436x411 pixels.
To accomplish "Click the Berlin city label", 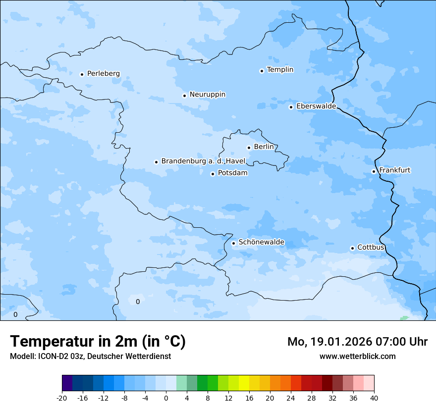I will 264,147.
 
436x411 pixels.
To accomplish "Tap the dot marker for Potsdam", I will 213,174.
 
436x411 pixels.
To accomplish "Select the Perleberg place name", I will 103,74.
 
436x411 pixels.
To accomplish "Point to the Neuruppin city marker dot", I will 184,96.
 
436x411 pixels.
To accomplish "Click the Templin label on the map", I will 280,70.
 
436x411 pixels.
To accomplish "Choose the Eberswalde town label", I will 316,106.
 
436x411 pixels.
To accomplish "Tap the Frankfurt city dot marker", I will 374,172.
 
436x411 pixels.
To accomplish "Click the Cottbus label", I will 371,248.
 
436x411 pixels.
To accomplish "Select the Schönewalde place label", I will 261,242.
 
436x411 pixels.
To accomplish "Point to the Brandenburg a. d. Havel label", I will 203,161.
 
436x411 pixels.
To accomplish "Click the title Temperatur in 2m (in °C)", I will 98,342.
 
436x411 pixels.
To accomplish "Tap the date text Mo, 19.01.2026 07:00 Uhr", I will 357,342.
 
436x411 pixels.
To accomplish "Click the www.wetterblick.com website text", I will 357,356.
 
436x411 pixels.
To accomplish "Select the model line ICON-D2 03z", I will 90,356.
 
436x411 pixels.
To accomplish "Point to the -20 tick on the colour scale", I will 62,398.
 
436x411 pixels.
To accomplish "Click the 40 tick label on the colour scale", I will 374,398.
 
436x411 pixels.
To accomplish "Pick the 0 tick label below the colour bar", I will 166,398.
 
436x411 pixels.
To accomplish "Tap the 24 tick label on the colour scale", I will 291,398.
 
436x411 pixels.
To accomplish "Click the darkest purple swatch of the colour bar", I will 67,383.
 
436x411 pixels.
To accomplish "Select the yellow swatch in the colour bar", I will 244,383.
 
